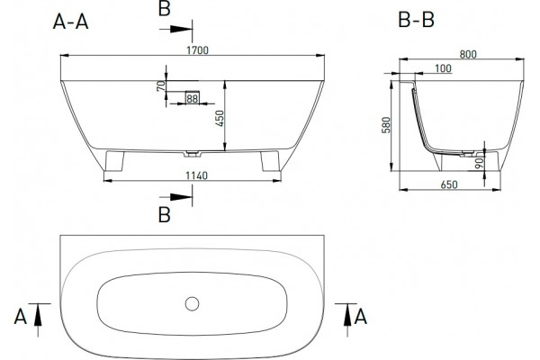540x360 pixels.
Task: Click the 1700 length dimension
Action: (x=197, y=50)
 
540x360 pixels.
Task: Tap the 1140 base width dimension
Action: (x=196, y=175)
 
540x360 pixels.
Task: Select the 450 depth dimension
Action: (x=220, y=119)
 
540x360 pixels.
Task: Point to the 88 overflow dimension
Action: (x=193, y=99)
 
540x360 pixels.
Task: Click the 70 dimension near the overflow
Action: (x=161, y=86)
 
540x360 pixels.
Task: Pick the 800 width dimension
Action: (x=468, y=54)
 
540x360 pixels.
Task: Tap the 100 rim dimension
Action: (x=443, y=68)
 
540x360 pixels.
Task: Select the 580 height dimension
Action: (x=386, y=125)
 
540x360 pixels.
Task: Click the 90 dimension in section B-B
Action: (x=479, y=163)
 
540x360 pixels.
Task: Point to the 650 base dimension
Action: (x=449, y=184)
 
